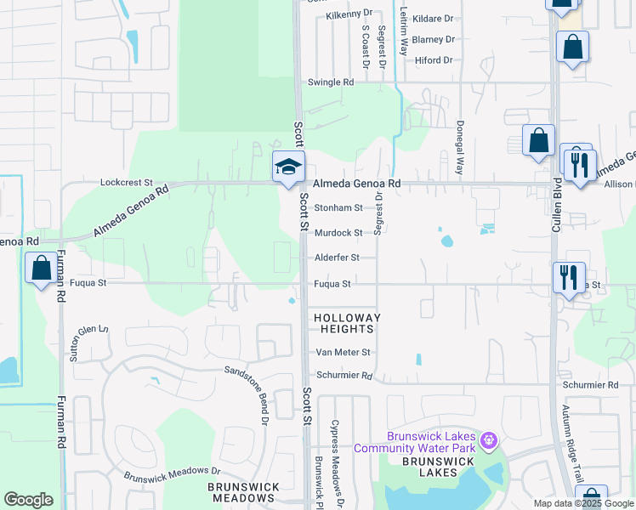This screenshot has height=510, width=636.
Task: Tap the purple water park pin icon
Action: tap(487, 439)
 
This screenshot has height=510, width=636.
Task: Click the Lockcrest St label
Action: tap(126, 182)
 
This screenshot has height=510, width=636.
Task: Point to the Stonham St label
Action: tap(338, 207)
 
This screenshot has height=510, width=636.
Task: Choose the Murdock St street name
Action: tap(338, 233)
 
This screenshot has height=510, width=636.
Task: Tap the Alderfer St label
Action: tap(338, 258)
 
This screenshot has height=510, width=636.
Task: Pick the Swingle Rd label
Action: tap(330, 82)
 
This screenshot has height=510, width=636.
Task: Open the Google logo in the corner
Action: tap(28, 500)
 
